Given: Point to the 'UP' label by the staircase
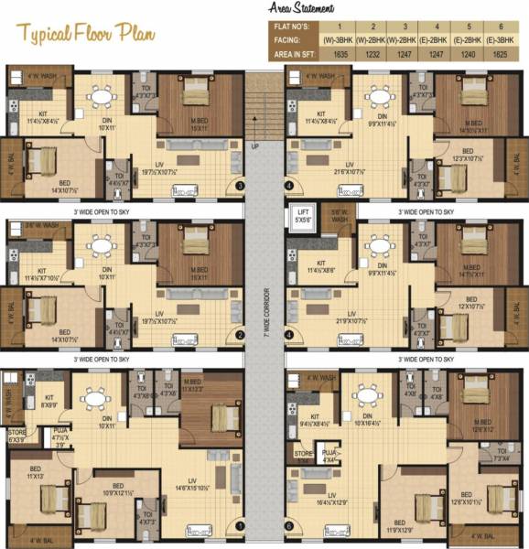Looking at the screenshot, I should [x=257, y=144].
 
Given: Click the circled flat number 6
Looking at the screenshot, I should [x=290, y=526].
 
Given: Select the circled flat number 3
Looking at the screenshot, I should [x=241, y=186].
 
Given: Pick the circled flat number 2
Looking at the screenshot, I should [x=241, y=336].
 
